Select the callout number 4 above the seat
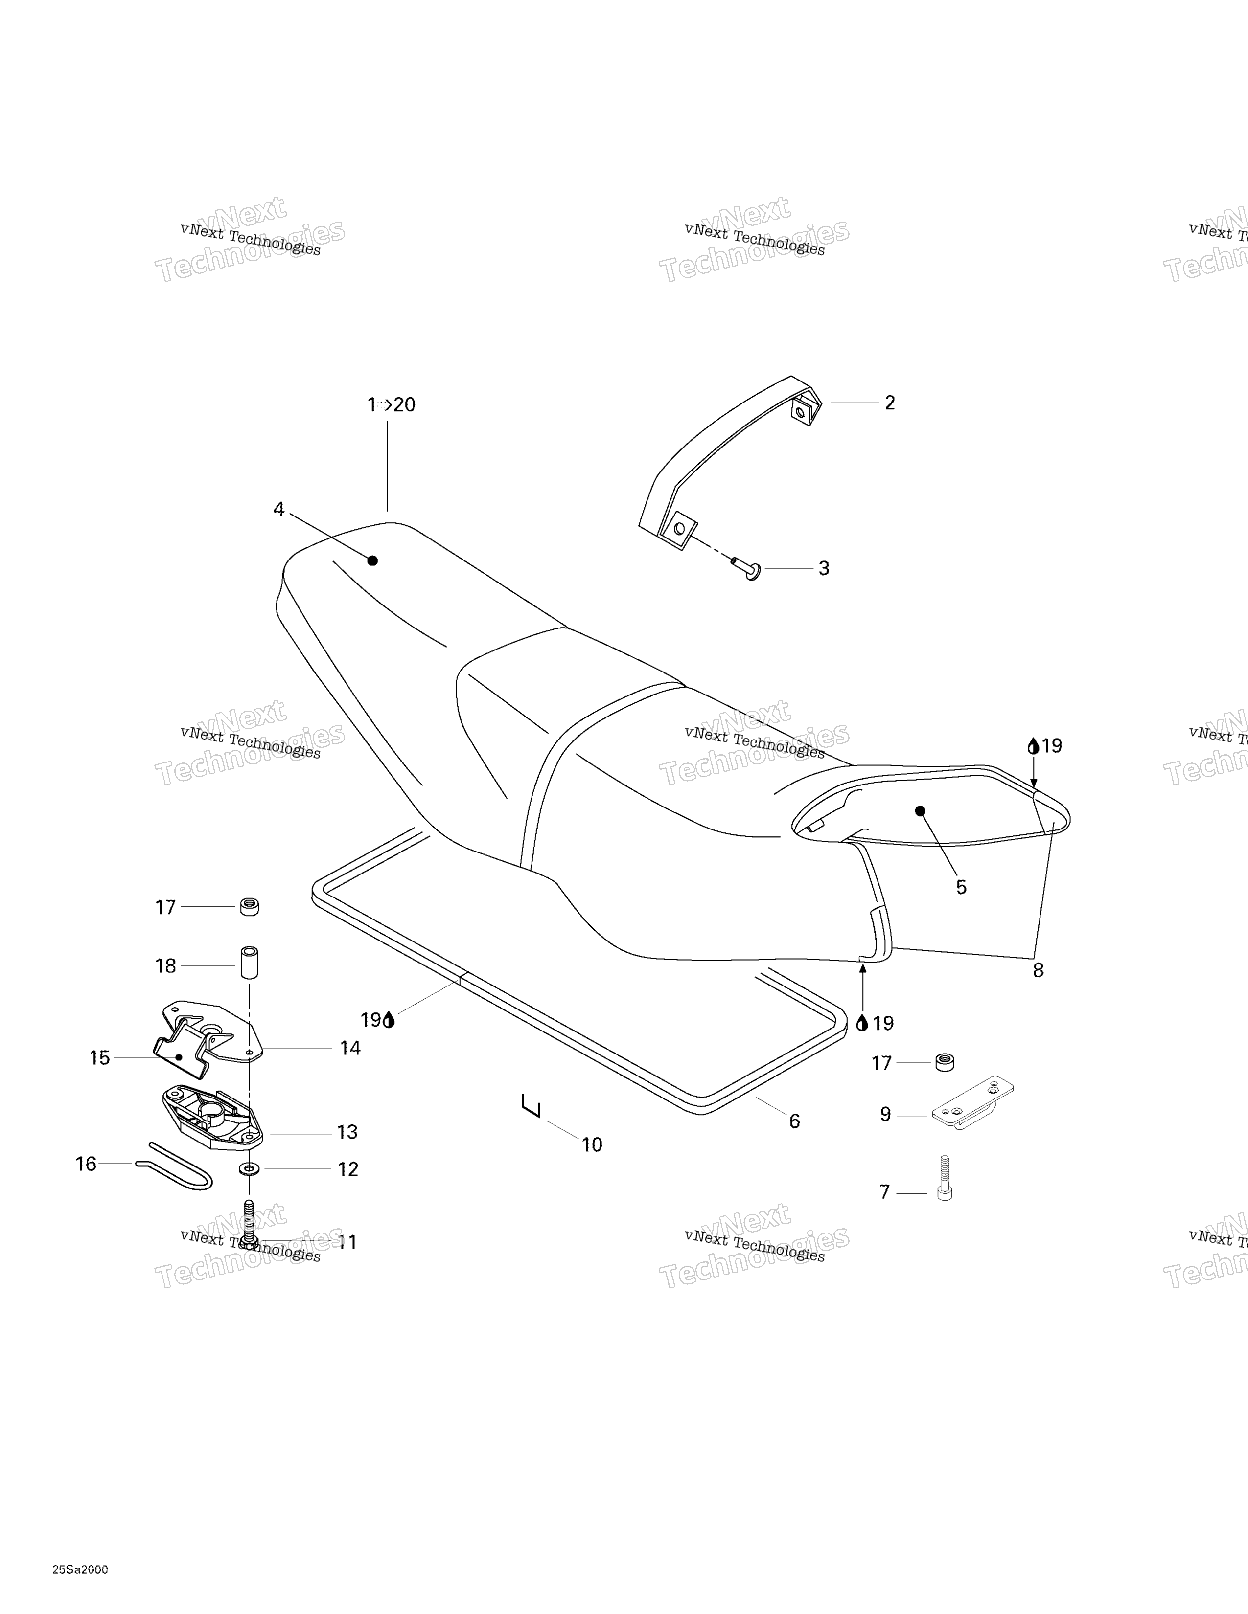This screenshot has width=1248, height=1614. click(x=279, y=509)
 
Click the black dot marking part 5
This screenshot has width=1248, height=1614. click(x=921, y=811)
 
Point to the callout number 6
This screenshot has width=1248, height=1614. click(x=795, y=1121)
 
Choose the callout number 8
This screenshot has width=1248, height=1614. click(x=1038, y=970)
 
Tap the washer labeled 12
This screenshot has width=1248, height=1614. click(x=249, y=1170)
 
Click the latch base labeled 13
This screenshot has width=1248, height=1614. click(x=213, y=1118)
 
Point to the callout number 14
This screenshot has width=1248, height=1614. click(x=350, y=1048)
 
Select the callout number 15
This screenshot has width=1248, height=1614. click(x=100, y=1058)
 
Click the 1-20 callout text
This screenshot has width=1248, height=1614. click(x=392, y=405)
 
